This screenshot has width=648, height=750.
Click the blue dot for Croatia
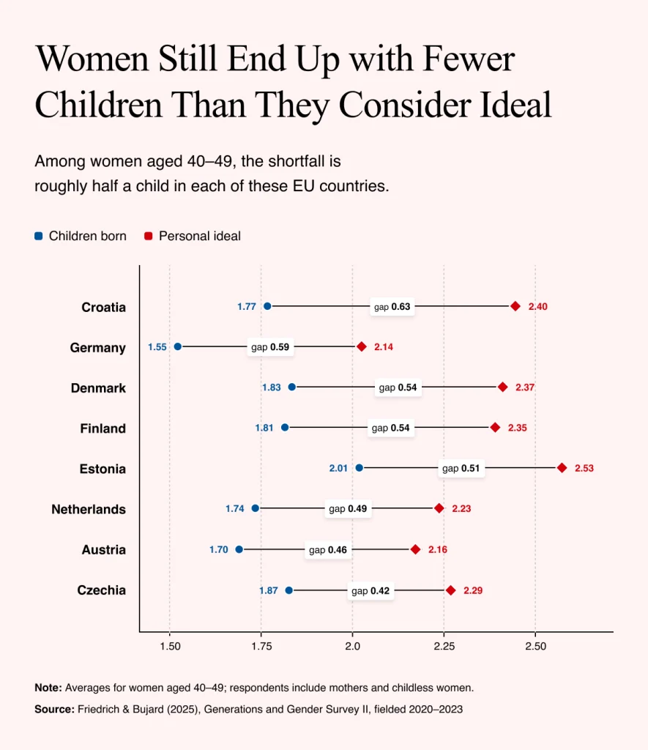(267, 306)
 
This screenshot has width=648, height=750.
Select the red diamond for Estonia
(562, 468)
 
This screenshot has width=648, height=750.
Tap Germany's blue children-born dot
(178, 346)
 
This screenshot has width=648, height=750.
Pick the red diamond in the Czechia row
(451, 590)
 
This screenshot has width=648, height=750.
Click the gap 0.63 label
(392, 307)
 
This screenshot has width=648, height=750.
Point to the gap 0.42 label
(370, 591)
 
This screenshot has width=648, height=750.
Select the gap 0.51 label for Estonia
(461, 468)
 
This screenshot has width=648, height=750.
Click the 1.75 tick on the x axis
(261, 646)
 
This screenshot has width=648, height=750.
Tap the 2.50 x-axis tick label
(536, 646)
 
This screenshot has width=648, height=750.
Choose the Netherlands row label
(89, 510)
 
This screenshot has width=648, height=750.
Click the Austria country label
(104, 549)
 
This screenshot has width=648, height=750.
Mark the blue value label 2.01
(338, 468)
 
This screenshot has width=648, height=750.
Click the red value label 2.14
(384, 346)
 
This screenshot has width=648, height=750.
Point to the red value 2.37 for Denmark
(524, 387)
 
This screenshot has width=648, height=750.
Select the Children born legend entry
(81, 236)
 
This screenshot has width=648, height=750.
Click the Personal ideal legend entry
(193, 236)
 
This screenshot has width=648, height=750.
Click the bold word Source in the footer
(54, 709)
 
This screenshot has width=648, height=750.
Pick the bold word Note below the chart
(48, 688)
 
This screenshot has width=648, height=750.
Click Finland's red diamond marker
(495, 427)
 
